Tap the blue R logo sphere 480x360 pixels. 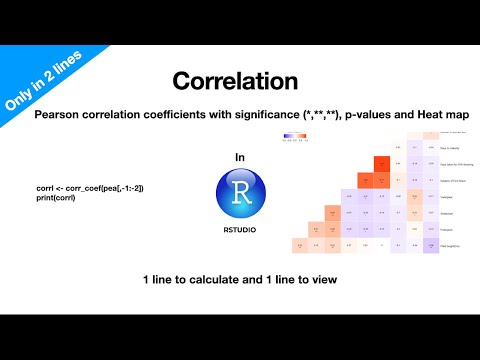click(239, 192)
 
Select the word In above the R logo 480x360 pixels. click(239, 157)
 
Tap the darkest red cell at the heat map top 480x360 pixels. click(380, 164)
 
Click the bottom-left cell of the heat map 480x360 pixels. click(300, 246)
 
